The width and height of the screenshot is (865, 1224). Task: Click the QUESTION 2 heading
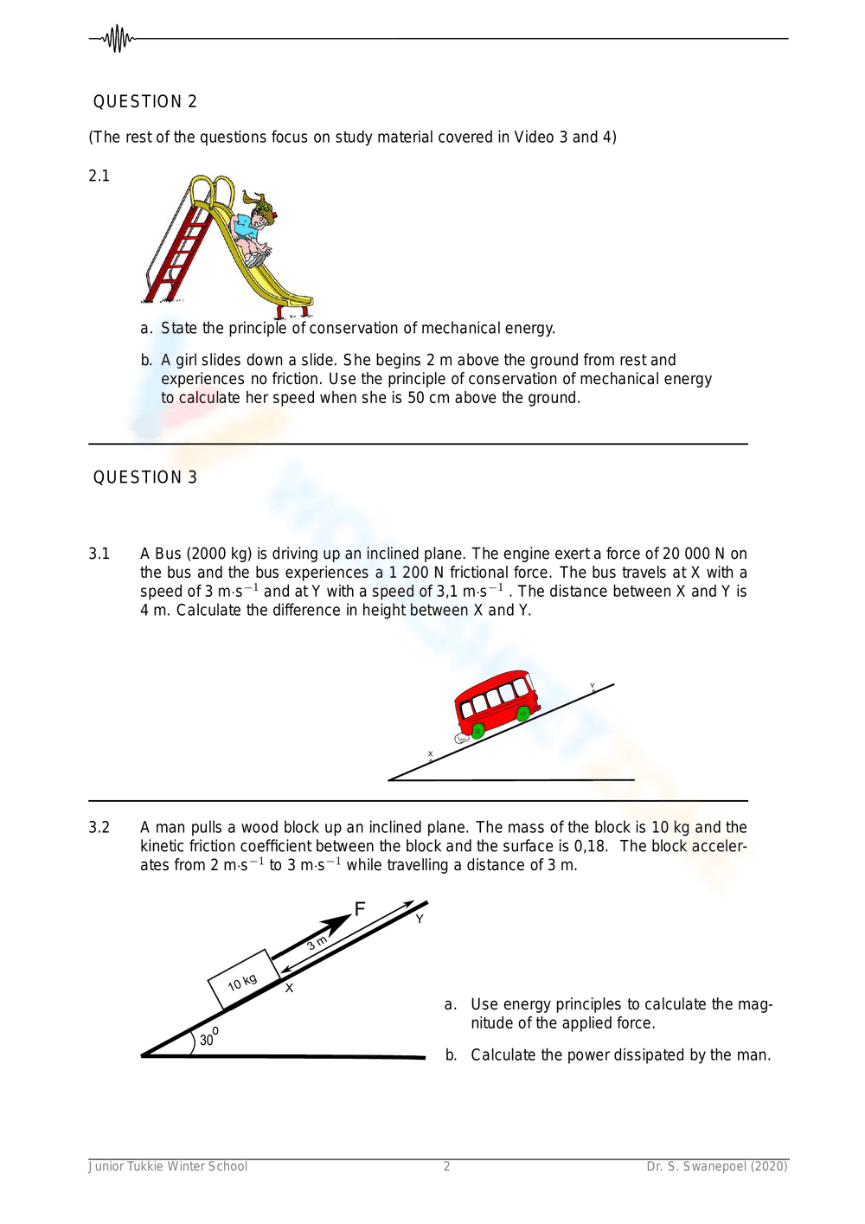[145, 102]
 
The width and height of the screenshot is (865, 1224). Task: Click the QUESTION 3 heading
[145, 477]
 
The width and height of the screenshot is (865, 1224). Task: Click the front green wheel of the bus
[523, 714]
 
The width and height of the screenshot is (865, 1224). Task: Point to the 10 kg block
[244, 980]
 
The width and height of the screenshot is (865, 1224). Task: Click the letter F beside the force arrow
[360, 908]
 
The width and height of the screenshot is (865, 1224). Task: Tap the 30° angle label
[208, 1038]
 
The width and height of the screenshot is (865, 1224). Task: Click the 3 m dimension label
[317, 943]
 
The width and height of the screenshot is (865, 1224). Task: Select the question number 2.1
[99, 176]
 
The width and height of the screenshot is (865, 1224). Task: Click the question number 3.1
[99, 554]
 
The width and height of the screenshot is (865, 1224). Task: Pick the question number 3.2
[99, 828]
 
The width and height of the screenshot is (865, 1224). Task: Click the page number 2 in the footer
[447, 1166]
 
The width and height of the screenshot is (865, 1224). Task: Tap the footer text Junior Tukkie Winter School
[168, 1166]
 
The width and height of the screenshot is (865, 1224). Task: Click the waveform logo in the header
[116, 39]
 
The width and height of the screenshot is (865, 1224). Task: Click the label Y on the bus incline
[593, 687]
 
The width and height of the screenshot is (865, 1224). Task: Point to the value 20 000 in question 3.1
[686, 554]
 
